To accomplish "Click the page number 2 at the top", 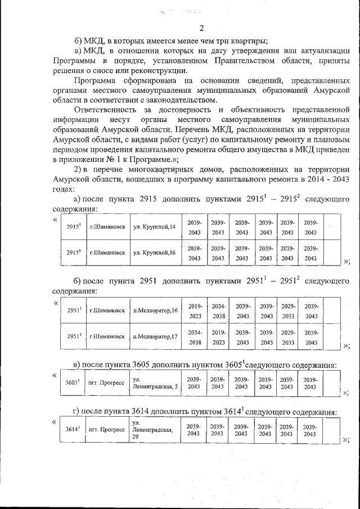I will (x=201, y=29).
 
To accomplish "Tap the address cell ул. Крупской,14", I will (x=155, y=227).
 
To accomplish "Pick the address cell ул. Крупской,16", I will (x=155, y=253).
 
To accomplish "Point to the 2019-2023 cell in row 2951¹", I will (x=195, y=310).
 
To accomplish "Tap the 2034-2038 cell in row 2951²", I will (x=195, y=336).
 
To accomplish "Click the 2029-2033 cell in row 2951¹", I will (x=288, y=310).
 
